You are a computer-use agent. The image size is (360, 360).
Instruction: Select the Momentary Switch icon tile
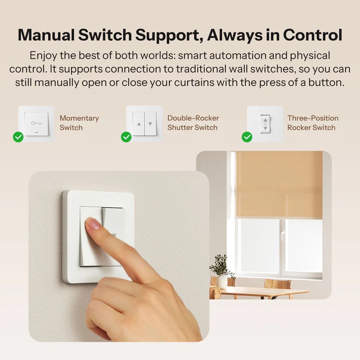tap(36, 123)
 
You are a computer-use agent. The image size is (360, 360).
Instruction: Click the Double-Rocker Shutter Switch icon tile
tap(144, 123)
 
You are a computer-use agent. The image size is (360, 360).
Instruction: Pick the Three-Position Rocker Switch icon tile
tap(265, 123)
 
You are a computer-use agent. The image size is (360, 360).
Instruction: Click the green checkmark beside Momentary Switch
tap(18, 137)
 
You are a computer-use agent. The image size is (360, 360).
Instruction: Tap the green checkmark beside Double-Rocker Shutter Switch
tap(126, 137)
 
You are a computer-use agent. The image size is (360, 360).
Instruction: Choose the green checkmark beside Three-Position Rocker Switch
tap(247, 137)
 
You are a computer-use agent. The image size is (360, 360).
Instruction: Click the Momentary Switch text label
tap(79, 123)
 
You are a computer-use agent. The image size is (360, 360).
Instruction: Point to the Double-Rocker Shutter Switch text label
tap(193, 123)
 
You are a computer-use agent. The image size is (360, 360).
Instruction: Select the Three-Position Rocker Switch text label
tap(312, 123)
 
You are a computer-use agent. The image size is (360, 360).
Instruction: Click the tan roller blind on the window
tap(279, 184)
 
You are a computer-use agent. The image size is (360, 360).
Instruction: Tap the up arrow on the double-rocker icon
tap(139, 124)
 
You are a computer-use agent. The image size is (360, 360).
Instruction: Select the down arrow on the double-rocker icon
tap(150, 124)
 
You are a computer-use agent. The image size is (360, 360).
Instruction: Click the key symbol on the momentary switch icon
tap(36, 123)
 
